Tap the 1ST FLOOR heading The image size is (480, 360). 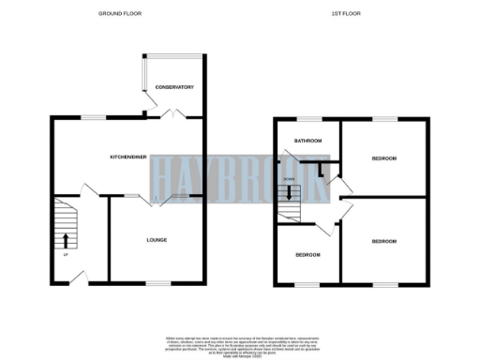346,14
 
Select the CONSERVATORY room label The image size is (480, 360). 174,87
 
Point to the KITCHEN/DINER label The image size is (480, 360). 129,158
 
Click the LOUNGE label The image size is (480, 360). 157,240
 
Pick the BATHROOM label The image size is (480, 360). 307,142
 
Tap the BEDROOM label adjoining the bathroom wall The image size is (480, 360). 383,158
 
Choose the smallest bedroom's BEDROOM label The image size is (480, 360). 307,255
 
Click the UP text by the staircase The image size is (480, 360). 66,256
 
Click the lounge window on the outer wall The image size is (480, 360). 157,282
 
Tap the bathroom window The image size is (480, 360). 307,118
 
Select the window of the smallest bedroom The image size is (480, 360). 307,283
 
